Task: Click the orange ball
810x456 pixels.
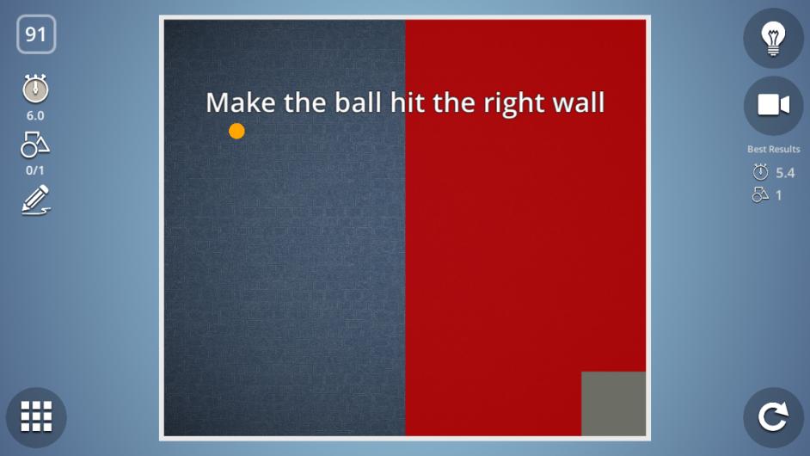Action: click(236, 131)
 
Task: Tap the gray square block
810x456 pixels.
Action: click(614, 404)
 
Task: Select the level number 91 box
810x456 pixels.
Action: click(36, 34)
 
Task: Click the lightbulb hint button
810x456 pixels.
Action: click(773, 38)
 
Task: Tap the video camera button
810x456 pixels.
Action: click(773, 106)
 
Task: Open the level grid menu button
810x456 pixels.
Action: click(36, 416)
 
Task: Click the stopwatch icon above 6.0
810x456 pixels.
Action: click(35, 89)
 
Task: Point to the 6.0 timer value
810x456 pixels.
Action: click(35, 116)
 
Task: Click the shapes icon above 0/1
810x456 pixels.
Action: click(35, 145)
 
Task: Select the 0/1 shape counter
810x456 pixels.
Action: click(35, 170)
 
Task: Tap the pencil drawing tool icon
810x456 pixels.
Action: click(35, 200)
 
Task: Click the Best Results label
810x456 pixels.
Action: click(773, 150)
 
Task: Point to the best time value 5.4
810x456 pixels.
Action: click(785, 173)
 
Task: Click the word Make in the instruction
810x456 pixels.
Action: click(241, 102)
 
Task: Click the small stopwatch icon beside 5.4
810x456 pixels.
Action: click(760, 172)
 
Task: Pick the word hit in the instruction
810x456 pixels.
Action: click(408, 102)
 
